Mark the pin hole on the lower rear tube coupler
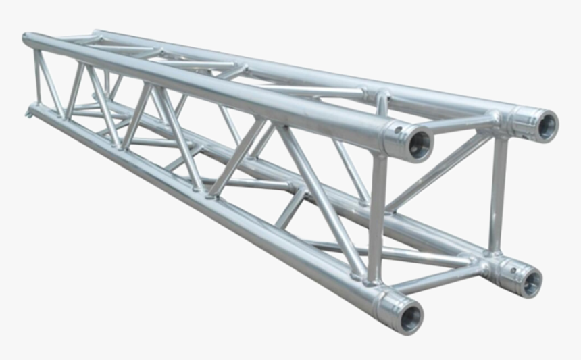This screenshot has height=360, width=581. [513, 270]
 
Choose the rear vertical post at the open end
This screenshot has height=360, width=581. [499, 192]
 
